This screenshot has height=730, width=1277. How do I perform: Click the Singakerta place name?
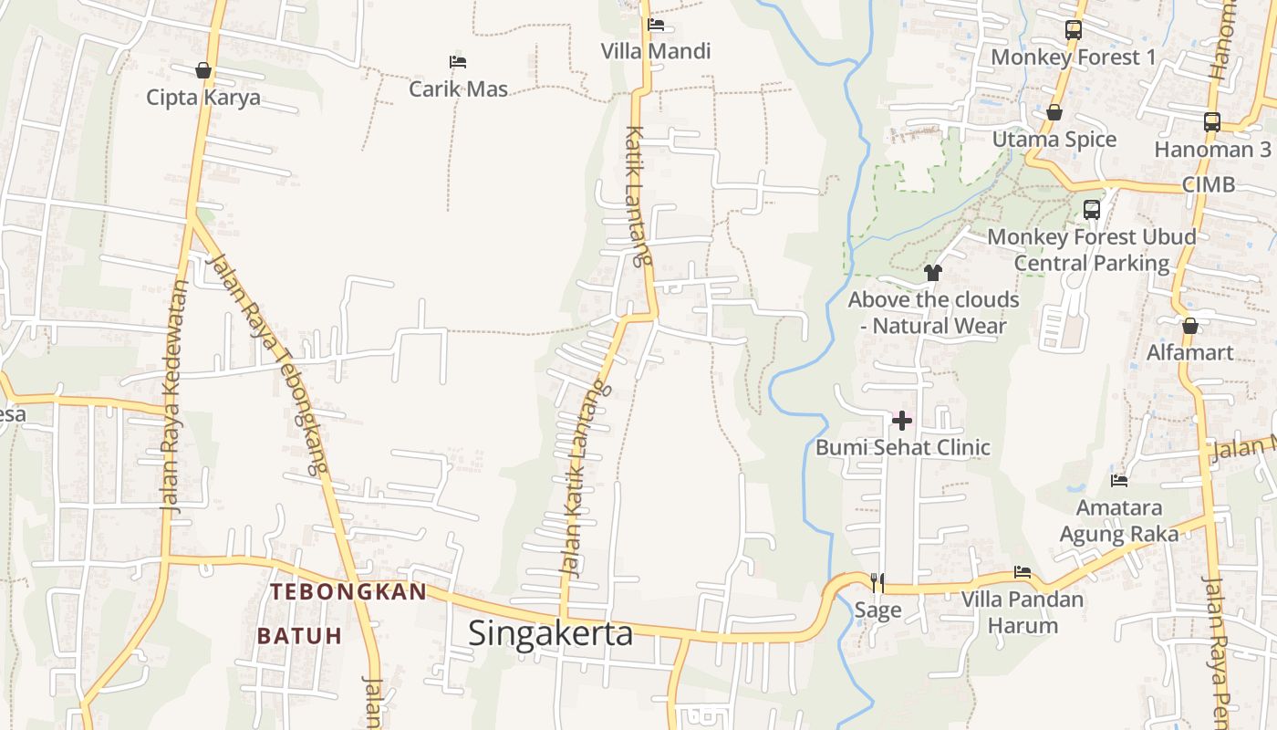(x=550, y=632)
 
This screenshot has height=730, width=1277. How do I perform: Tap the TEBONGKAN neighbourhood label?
(x=348, y=591)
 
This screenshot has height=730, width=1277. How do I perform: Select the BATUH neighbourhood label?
(x=299, y=635)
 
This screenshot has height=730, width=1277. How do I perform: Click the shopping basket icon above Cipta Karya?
(x=203, y=70)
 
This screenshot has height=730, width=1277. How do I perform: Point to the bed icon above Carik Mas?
(x=458, y=62)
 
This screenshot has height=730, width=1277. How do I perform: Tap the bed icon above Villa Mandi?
(x=655, y=25)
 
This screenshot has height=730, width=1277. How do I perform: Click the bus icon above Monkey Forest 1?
(x=1074, y=29)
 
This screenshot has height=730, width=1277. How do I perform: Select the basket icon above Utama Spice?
(x=1054, y=112)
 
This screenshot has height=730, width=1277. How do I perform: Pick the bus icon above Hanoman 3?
(x=1212, y=121)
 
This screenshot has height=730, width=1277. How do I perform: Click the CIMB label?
(x=1208, y=184)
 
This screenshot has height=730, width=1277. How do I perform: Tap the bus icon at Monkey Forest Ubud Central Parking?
(x=1092, y=209)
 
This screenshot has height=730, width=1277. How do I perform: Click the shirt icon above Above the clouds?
(x=932, y=272)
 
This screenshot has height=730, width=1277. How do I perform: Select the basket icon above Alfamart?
(x=1189, y=326)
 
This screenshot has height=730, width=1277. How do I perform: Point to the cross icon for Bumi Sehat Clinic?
(x=902, y=420)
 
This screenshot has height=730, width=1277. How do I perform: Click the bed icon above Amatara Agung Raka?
(x=1119, y=480)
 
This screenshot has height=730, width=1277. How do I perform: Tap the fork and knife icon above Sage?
(x=877, y=582)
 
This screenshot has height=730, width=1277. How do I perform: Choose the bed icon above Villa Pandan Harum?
(x=1023, y=572)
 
